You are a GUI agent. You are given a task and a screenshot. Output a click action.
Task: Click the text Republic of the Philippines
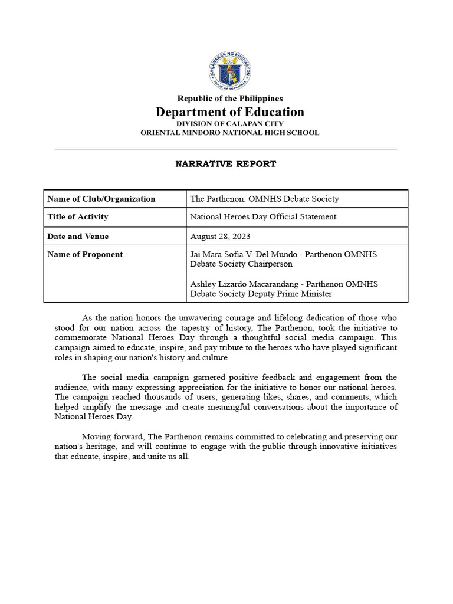(x=230, y=99)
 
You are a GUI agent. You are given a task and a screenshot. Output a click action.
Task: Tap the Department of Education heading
(x=230, y=112)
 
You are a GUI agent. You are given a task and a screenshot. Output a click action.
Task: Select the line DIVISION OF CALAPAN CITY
(x=230, y=124)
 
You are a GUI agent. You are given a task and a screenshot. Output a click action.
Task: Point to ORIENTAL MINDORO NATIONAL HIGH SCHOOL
(x=230, y=133)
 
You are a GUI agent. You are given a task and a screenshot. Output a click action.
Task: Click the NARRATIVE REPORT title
(x=226, y=164)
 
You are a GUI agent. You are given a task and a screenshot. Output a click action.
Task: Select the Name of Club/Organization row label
(x=101, y=199)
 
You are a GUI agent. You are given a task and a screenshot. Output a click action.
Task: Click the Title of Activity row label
(x=78, y=217)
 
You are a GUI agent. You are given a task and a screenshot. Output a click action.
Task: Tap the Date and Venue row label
(x=78, y=237)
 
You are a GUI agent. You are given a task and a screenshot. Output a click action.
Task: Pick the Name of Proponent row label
(x=85, y=255)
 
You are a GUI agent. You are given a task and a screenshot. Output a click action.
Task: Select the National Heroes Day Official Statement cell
(x=263, y=217)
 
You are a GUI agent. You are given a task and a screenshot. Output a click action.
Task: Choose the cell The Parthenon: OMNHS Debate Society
(x=264, y=199)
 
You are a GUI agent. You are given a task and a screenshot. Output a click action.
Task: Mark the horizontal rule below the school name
(x=226, y=149)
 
